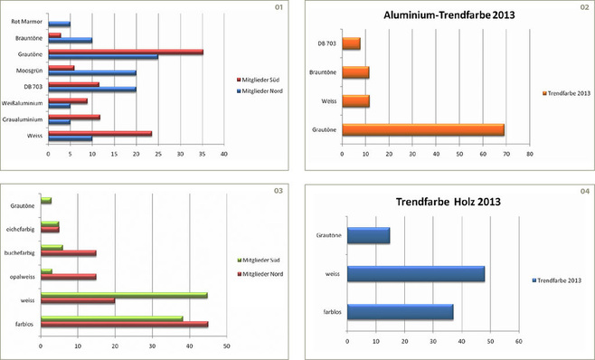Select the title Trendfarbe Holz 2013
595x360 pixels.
point(448,201)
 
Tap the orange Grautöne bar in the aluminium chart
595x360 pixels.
point(422,131)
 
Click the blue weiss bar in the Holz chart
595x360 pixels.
point(415,273)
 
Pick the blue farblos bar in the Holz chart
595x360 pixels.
point(400,311)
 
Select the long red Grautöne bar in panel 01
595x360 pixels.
point(126,52)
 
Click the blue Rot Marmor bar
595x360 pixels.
point(59,24)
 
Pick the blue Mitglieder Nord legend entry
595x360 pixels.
point(264,90)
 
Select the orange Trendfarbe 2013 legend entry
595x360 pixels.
point(566,92)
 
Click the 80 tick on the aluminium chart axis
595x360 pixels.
point(530,154)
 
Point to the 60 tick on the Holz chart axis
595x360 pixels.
point(519,341)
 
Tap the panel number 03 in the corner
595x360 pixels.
point(279,191)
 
